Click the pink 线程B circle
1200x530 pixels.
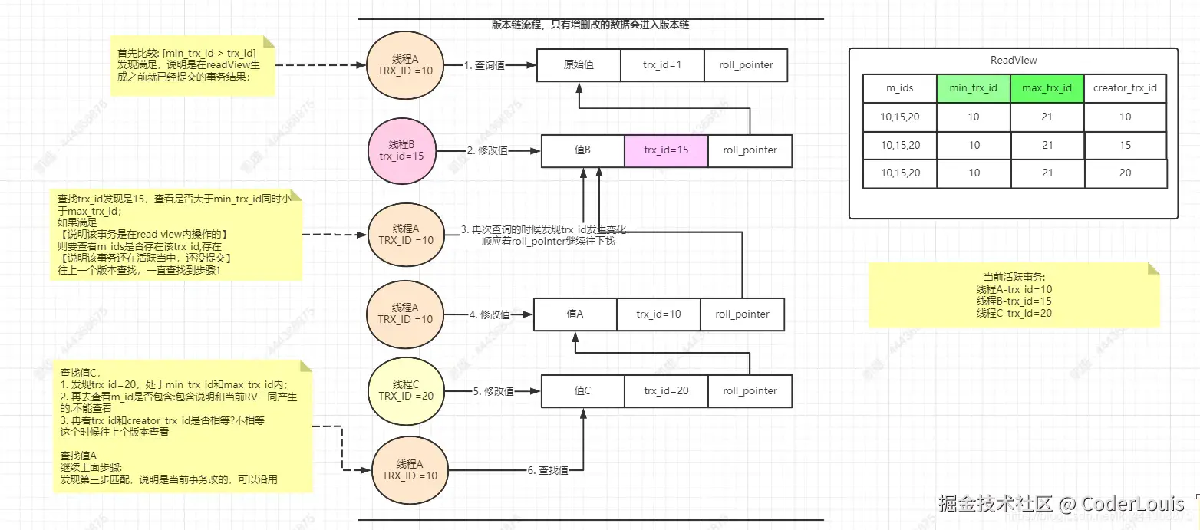[401, 150]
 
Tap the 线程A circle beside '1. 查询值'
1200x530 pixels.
[400, 64]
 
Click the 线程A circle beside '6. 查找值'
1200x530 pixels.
[405, 470]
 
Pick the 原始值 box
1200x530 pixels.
[578, 65]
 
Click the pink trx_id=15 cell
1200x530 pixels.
[666, 150]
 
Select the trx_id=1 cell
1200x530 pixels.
[661, 65]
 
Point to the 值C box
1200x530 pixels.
[582, 390]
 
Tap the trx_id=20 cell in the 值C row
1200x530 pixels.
[665, 390]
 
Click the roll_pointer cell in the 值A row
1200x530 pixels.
[742, 314]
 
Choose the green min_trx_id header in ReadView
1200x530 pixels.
[973, 88]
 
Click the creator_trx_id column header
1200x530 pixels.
[1125, 88]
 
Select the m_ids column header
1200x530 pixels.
[900, 88]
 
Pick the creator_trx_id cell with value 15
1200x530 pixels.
[1125, 145]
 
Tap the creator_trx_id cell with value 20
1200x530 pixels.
[1125, 173]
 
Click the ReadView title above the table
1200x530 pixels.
[1014, 60]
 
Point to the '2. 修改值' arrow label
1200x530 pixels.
[487, 151]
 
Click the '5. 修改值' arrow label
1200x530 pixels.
[493, 391]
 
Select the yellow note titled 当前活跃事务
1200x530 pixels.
[1014, 295]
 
